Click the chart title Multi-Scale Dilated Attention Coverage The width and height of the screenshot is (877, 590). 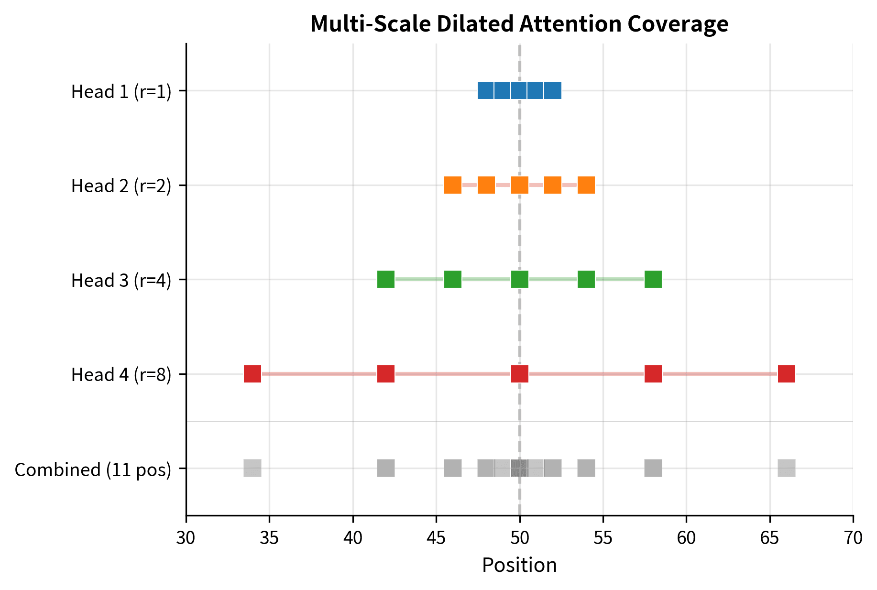[519, 24]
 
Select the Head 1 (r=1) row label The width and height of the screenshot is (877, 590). [121, 91]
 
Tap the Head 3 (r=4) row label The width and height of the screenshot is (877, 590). [121, 280]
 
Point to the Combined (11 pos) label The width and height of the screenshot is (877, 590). [93, 470]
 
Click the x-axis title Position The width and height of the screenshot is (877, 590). [519, 565]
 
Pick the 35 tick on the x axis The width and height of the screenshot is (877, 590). [269, 538]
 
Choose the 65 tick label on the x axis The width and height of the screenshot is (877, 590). [770, 538]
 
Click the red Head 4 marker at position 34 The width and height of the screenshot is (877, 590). [252, 374]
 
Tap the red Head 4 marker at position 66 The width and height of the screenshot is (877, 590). [787, 374]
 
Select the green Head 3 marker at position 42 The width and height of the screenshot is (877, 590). [386, 279]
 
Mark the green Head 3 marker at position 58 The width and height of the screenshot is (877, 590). [653, 279]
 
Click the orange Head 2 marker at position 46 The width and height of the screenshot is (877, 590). [453, 185]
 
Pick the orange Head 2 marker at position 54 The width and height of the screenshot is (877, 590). [586, 185]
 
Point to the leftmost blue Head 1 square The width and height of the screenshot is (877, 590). [486, 90]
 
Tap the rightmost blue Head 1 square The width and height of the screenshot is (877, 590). [553, 90]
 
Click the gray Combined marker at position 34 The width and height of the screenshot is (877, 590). [252, 468]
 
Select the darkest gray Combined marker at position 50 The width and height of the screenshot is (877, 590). [519, 468]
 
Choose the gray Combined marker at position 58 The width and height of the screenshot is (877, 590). [653, 468]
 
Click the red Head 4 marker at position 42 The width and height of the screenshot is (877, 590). [386, 374]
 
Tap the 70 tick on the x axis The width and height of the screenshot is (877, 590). [853, 538]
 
